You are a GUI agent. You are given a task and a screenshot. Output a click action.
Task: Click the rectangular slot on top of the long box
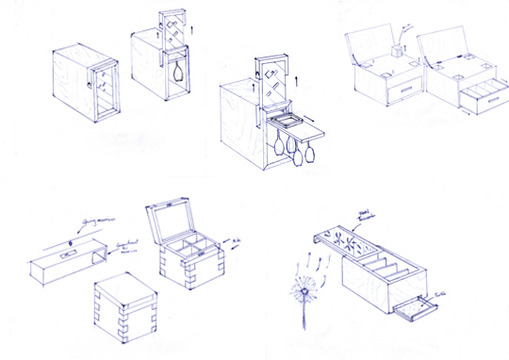(x=69, y=253)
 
